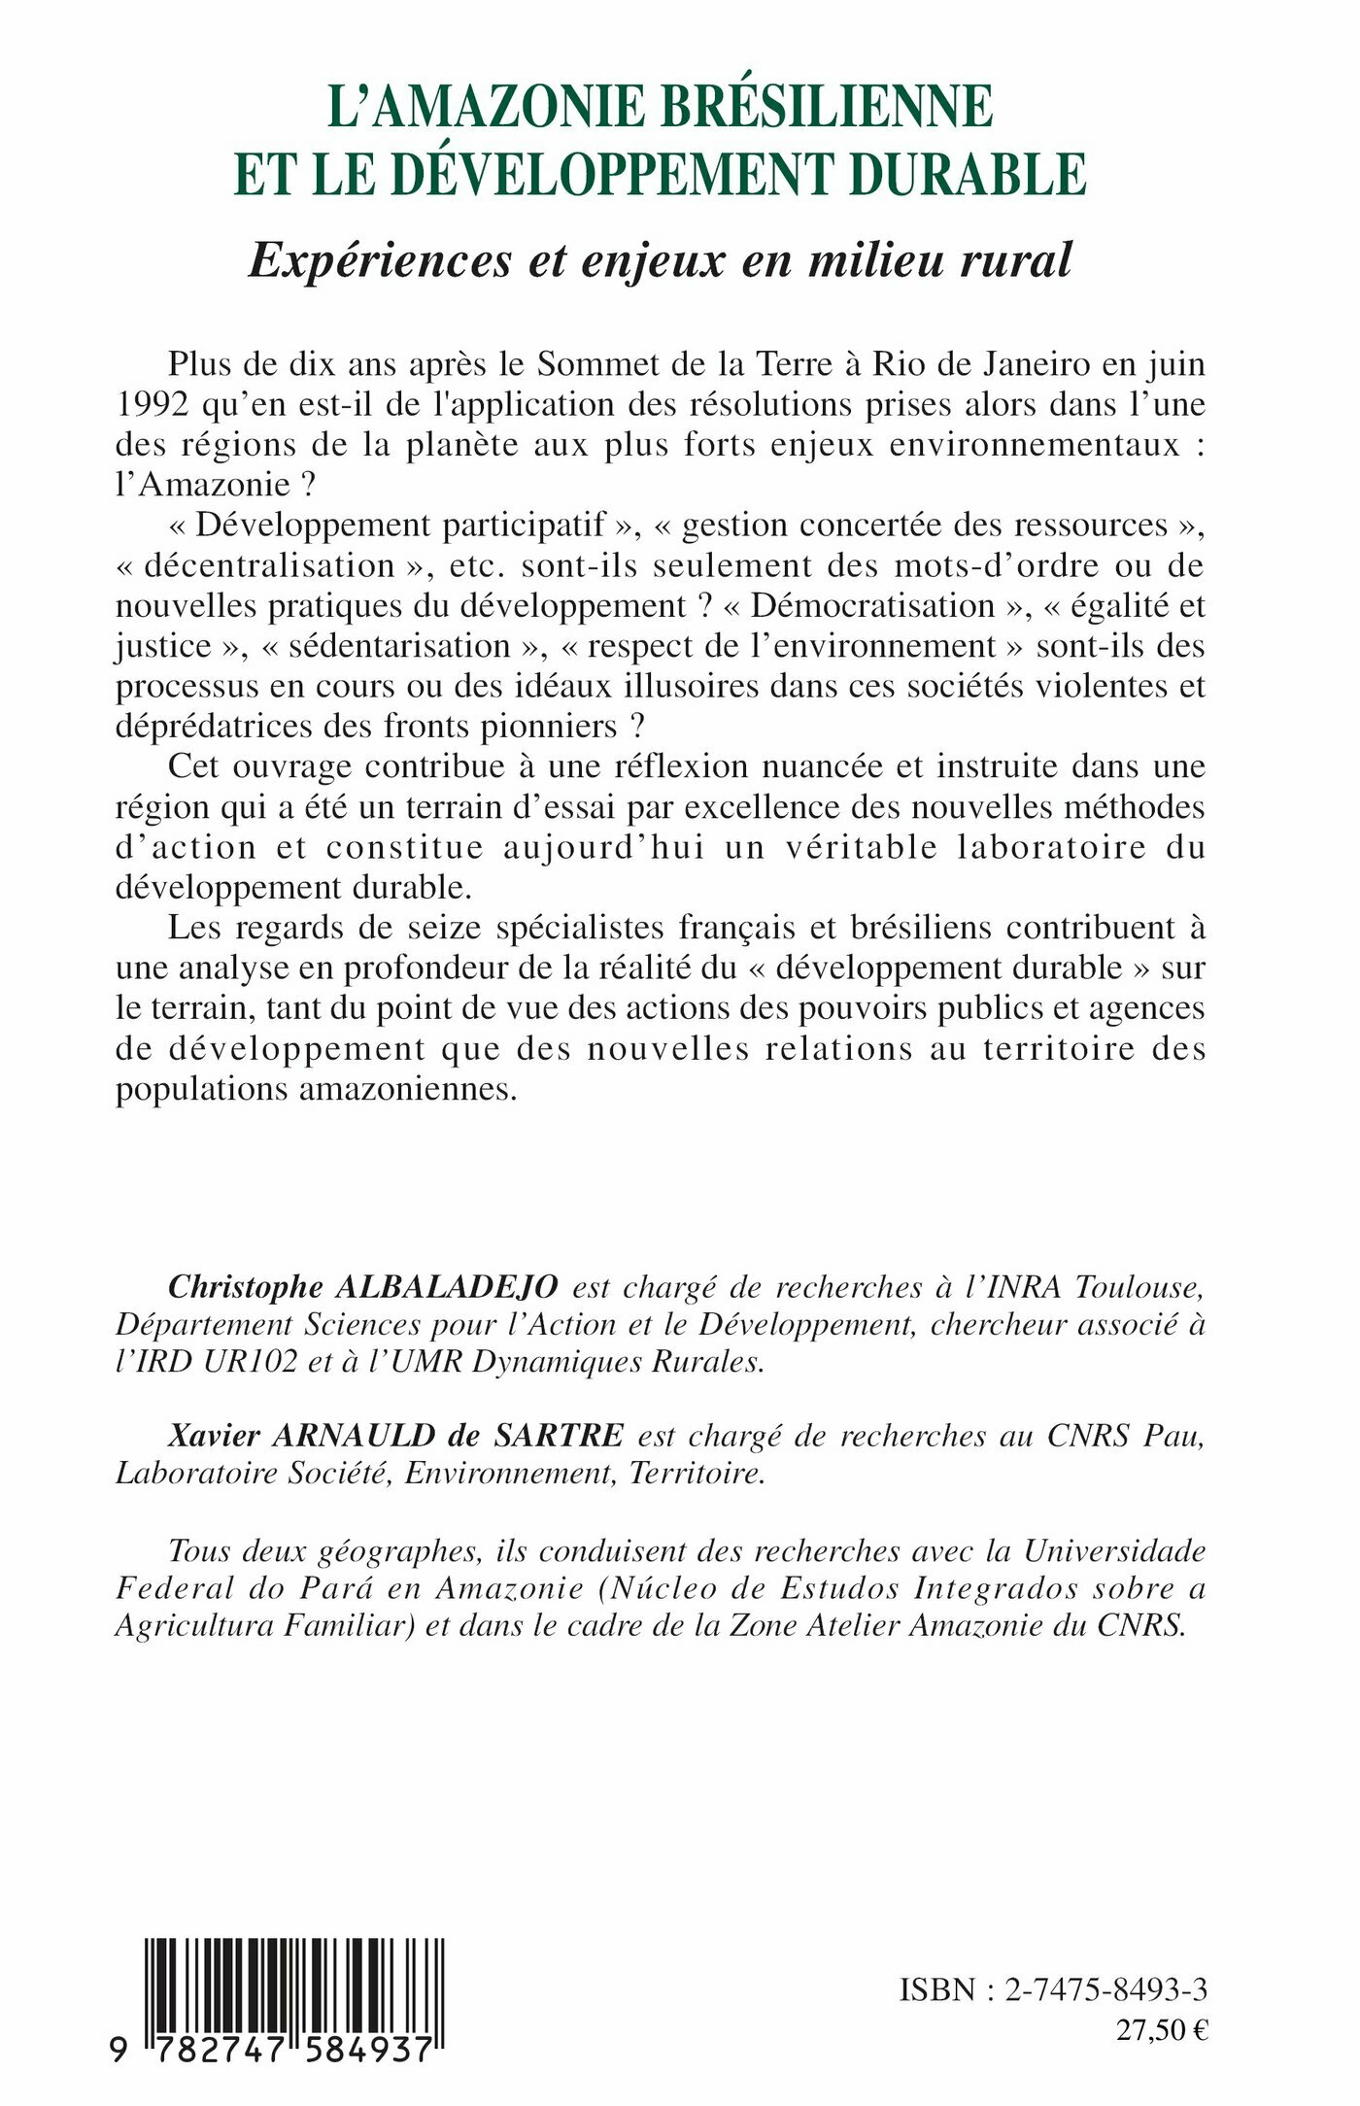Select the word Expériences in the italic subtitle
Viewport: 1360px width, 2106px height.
(380, 260)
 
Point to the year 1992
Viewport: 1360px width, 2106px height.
(152, 405)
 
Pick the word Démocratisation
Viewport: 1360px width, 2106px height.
(873, 606)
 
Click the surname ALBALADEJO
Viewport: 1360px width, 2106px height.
(446, 1287)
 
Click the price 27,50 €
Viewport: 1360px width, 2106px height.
(1162, 2030)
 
